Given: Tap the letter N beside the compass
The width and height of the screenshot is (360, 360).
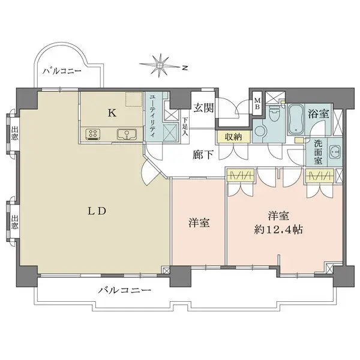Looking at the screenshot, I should pyautogui.click(x=185, y=68).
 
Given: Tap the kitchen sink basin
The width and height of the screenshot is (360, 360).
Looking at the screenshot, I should pyautogui.click(x=125, y=134).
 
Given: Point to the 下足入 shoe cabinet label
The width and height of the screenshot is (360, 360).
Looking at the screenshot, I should pyautogui.click(x=185, y=127).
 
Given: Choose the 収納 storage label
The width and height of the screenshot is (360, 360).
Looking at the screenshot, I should pyautogui.click(x=234, y=137).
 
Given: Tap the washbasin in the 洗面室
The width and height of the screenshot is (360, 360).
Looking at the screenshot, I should pyautogui.click(x=334, y=151).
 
